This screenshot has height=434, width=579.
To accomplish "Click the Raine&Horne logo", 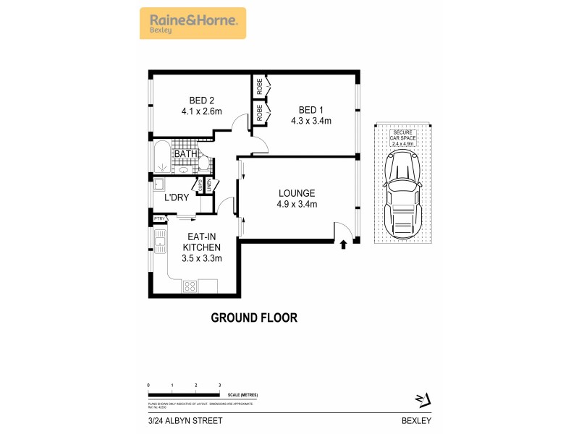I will pyautogui.click(x=193, y=22).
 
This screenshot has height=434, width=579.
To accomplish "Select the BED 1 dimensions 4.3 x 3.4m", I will pyautogui.click(x=311, y=121).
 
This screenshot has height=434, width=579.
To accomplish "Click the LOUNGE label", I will pyautogui.click(x=297, y=193).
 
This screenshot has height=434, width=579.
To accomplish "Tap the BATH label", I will pyautogui.click(x=186, y=153).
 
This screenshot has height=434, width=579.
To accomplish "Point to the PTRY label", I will pyautogui.click(x=159, y=218).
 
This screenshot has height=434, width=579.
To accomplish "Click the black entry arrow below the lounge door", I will pyautogui.click(x=343, y=246).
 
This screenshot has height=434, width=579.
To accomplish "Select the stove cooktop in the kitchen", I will pyautogui.click(x=190, y=286).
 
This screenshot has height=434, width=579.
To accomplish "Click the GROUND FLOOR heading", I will pyautogui.click(x=254, y=317).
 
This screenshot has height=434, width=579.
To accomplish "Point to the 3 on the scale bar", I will pyautogui.click(x=219, y=386).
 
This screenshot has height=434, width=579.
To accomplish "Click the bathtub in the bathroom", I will pyautogui.click(x=161, y=158).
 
